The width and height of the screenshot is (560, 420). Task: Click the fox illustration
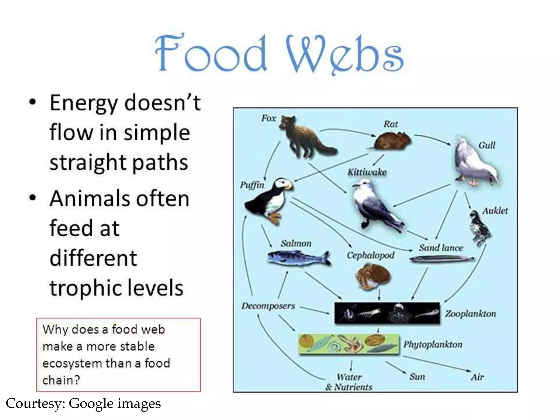(304, 137)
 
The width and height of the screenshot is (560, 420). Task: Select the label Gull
(486, 145)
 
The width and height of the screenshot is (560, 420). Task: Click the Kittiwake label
(367, 172)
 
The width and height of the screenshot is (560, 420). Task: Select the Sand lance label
(441, 248)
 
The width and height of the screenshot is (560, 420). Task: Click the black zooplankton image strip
(387, 313)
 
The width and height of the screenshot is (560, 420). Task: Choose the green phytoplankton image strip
(349, 344)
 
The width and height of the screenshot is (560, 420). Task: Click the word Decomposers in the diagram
(268, 306)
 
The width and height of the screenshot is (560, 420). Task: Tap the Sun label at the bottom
(417, 377)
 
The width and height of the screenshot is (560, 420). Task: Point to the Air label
(477, 377)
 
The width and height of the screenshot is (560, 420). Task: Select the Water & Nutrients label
(349, 382)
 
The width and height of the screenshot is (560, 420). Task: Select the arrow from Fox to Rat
(347, 131)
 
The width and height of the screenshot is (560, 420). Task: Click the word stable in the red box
(137, 346)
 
